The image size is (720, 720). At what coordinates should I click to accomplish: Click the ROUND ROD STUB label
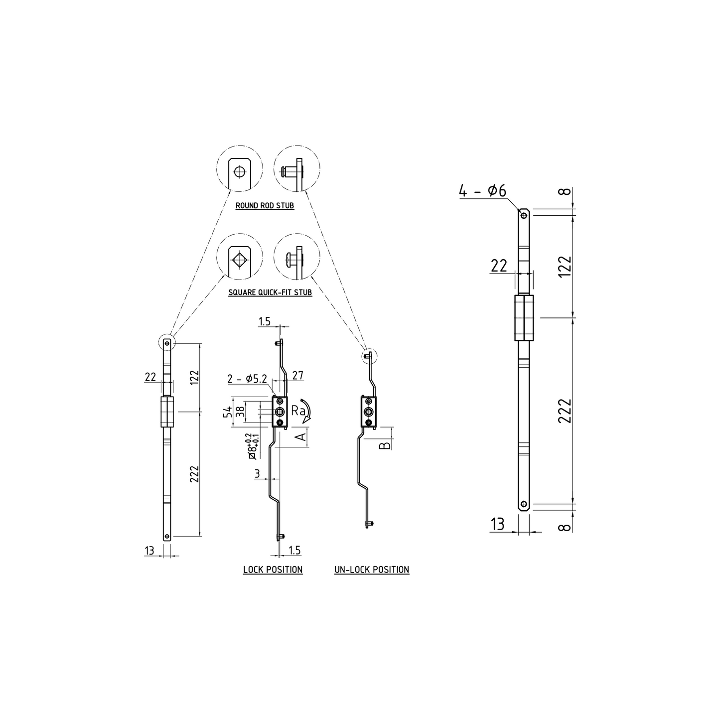265,205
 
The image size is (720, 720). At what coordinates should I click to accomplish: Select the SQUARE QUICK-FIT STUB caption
270,292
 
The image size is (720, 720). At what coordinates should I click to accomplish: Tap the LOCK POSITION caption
273,570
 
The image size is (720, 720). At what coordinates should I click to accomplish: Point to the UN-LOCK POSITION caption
372,570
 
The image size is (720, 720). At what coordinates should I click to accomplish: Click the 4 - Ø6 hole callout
482,191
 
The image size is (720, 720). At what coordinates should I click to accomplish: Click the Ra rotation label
297,410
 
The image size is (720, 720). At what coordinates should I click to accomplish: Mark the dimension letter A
300,437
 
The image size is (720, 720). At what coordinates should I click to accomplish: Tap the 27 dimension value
297,375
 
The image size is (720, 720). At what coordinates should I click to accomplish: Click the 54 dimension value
228,412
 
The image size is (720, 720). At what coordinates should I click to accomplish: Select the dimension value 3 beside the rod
257,474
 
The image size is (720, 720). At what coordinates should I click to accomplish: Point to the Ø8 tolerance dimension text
252,446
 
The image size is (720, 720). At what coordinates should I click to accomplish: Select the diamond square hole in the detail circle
239,259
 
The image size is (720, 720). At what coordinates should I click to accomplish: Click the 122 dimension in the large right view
565,266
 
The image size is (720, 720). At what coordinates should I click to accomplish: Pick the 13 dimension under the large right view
497,524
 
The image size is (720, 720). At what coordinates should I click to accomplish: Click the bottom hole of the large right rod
524,504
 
